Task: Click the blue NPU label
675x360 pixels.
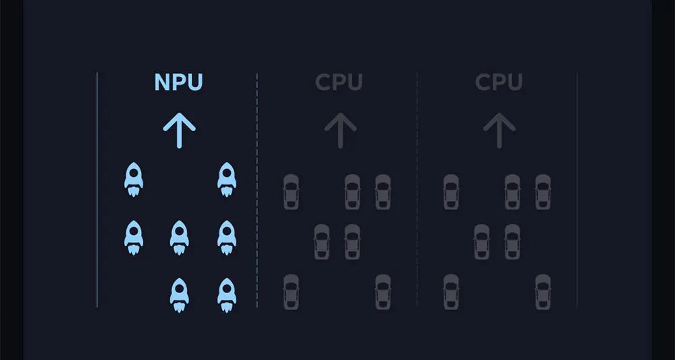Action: (178, 82)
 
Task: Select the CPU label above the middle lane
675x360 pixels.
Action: (339, 82)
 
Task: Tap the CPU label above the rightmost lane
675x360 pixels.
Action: (499, 82)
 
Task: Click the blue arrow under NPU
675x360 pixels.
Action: (179, 130)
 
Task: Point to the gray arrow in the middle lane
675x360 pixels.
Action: (340, 130)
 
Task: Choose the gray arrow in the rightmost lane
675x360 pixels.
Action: (500, 130)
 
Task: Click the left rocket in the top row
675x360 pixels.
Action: (134, 179)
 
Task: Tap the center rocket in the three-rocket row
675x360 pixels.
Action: (179, 237)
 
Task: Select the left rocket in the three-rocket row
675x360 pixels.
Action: (134, 237)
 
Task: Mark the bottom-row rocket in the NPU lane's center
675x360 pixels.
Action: (179, 294)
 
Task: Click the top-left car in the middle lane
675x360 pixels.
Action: (291, 191)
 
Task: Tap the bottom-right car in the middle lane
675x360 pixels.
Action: (383, 291)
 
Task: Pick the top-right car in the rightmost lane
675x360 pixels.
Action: (543, 191)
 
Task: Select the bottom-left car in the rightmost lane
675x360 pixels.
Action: (451, 291)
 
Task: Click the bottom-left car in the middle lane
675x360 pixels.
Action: (291, 291)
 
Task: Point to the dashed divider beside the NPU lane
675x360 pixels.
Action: (257, 203)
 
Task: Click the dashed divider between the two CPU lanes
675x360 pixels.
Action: (417, 203)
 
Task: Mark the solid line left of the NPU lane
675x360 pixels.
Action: (98, 203)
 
